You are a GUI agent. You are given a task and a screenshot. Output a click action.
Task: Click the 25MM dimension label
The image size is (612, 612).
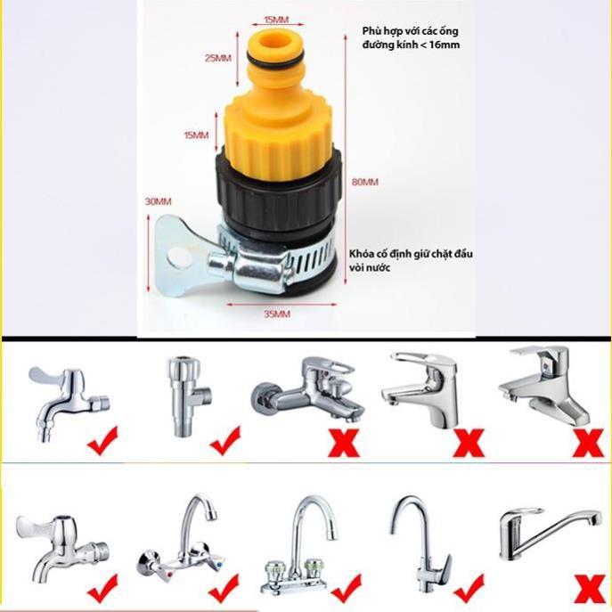pyautogui.click(x=216, y=56)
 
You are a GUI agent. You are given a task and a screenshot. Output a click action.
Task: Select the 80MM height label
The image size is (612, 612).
pyautogui.click(x=365, y=181)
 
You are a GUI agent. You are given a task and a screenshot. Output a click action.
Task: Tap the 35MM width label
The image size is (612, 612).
pyautogui.click(x=277, y=314)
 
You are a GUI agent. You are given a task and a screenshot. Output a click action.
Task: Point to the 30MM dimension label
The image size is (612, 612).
pyautogui.click(x=157, y=202)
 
